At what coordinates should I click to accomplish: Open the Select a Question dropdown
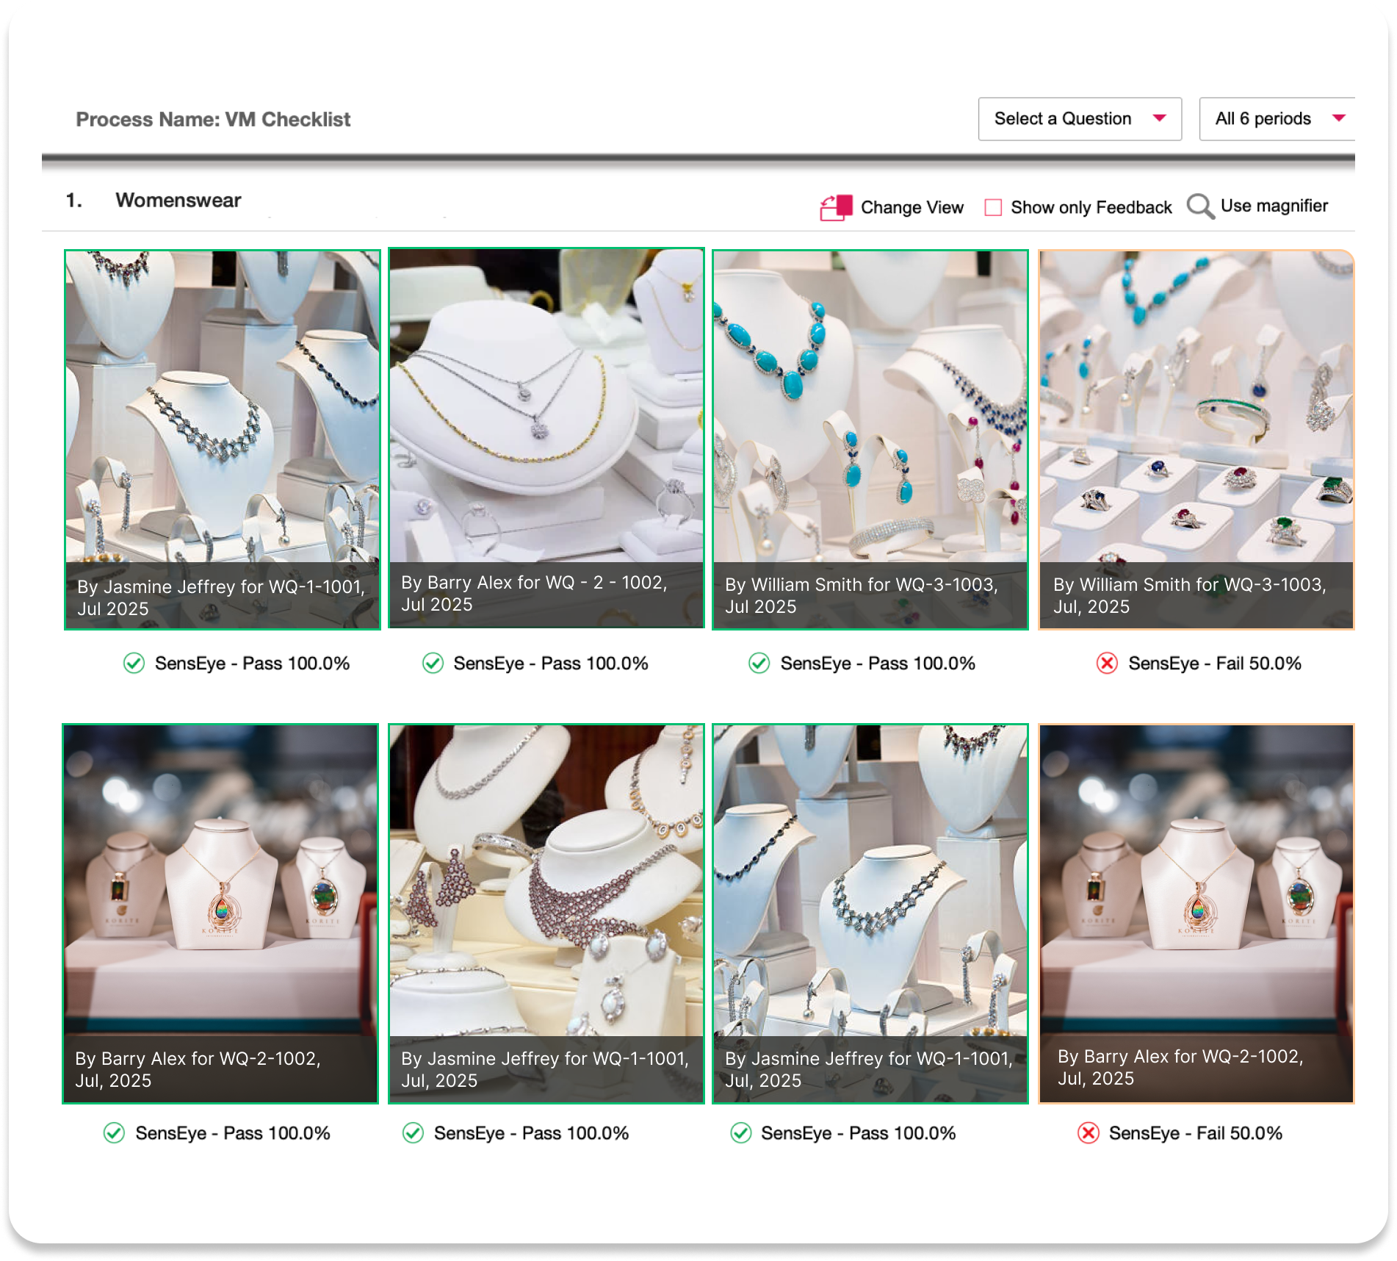1079,119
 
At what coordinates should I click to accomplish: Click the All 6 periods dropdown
1277,119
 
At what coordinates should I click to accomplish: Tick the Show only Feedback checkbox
993,208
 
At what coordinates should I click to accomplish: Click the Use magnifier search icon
1200,206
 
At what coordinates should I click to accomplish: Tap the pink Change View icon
836,208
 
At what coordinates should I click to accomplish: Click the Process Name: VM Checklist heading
213,119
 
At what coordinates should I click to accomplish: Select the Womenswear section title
178,201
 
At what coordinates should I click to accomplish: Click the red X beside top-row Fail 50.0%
1107,664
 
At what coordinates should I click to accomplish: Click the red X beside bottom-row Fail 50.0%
1088,1133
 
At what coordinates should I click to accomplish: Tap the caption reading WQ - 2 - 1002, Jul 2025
534,594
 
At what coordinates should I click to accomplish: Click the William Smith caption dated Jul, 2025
1189,595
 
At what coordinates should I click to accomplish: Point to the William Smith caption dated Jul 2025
861,595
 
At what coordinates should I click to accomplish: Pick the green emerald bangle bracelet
1232,416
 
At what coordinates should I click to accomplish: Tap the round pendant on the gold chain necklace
539,429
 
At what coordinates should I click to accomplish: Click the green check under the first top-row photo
134,664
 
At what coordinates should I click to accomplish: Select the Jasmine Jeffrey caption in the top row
221,597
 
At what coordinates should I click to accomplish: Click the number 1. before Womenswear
73,201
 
